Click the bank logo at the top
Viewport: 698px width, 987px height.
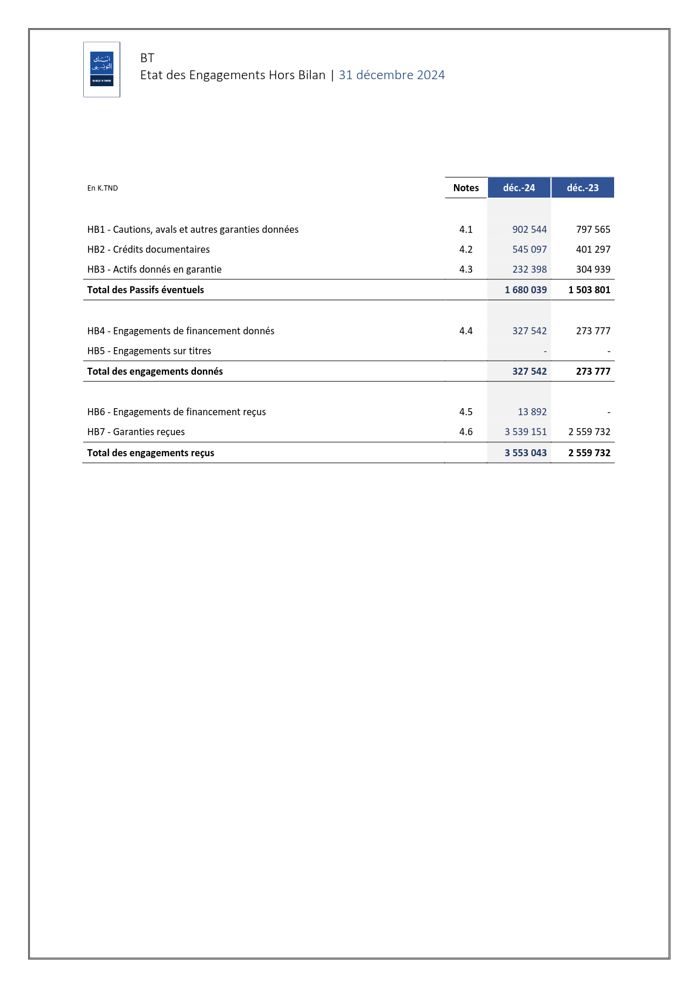[x=101, y=69]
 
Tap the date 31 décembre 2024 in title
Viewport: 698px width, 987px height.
[x=391, y=75]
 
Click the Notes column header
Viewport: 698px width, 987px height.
[x=466, y=188]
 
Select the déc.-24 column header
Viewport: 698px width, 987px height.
[x=519, y=188]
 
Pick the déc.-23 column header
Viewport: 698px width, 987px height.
[x=582, y=188]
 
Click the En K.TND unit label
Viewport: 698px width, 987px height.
[x=103, y=188]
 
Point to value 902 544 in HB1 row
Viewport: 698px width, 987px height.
[x=529, y=229]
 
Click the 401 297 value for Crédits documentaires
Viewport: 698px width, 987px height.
[x=593, y=249]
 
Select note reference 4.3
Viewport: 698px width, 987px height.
[x=466, y=269]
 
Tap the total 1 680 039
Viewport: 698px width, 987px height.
[x=526, y=290]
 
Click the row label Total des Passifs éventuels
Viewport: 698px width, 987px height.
[x=145, y=290]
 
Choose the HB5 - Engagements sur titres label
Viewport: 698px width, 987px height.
[x=149, y=351]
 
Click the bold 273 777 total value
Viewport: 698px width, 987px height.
[x=593, y=371]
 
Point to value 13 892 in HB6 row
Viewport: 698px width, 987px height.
[x=532, y=412]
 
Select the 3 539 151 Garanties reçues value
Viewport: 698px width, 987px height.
[x=526, y=432]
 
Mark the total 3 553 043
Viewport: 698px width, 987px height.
[x=526, y=453]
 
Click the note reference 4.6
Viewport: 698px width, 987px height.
[x=466, y=432]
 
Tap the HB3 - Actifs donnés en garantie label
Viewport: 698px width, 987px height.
[x=154, y=269]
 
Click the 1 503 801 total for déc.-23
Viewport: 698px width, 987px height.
[x=589, y=290]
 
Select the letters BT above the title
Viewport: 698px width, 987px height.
[x=147, y=58]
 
